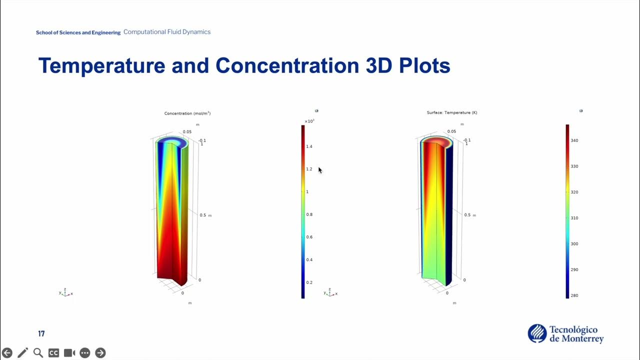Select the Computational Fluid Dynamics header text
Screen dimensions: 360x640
[167, 32]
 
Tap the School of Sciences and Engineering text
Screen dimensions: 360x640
[78, 32]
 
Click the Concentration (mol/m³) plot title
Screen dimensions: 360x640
[187, 113]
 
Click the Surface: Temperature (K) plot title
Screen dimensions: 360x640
[452, 112]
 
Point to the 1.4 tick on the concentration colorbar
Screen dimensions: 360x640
[309, 146]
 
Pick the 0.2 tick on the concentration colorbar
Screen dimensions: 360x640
[309, 282]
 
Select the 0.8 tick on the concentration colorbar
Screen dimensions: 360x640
[309, 214]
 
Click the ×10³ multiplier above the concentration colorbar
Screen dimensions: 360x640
[309, 121]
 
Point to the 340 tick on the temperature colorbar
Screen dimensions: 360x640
[574, 140]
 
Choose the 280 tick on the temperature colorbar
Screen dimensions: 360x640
[574, 295]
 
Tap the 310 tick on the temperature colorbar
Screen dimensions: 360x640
[574, 218]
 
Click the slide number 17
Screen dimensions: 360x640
[41, 333]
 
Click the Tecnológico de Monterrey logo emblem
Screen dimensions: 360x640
[537, 333]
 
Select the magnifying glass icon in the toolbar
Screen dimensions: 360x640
[38, 353]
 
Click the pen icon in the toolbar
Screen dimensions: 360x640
[22, 353]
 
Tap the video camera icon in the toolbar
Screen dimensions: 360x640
[69, 353]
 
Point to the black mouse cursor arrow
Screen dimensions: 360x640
[320, 170]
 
